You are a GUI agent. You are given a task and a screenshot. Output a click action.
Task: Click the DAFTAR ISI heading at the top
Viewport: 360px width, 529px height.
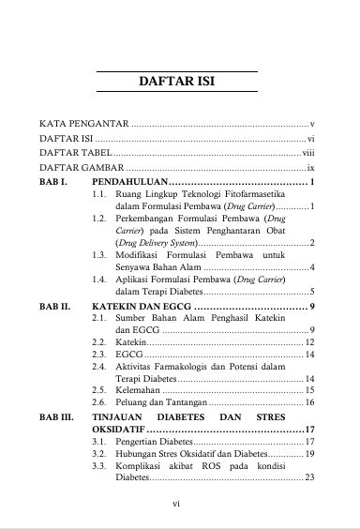[x=179, y=82]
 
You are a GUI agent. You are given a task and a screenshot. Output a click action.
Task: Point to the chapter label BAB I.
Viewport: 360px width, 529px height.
[x=52, y=180]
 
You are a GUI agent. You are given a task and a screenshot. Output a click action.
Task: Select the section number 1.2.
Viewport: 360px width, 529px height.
[x=99, y=218]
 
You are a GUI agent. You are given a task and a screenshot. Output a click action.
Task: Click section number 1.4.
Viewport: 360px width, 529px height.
[x=99, y=280]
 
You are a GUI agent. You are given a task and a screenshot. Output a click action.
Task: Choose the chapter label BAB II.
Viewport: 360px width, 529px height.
[x=54, y=306]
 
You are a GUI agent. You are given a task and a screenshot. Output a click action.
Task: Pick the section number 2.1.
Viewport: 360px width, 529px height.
[x=99, y=319]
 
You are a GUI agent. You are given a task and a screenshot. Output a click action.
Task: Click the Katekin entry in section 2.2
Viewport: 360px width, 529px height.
[x=130, y=343]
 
